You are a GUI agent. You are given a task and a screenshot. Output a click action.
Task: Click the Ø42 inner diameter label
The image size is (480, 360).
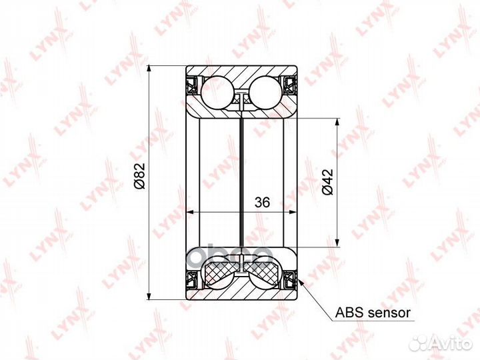pos(327,182)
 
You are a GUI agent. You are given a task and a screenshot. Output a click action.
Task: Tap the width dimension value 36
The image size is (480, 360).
pos(262,203)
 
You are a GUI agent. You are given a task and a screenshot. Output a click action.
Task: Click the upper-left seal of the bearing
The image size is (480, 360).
pos(191,85)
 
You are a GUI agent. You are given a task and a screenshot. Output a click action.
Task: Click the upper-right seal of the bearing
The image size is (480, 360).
pos(290,85)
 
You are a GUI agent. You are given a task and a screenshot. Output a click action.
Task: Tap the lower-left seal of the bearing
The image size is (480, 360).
pos(191,279)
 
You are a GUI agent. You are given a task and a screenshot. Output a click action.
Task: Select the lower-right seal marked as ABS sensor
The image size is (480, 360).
pos(290,279)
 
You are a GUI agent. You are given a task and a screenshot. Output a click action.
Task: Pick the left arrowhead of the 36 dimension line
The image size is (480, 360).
pos(188,213)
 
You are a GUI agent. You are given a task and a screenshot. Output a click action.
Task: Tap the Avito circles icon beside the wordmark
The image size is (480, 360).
pos(419,342)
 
